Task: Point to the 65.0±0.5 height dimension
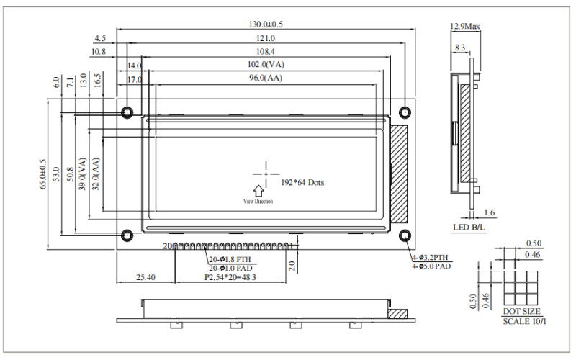coord(43,174)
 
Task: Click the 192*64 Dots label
coord(302,183)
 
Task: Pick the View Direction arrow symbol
coord(258,189)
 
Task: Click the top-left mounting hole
coord(127,112)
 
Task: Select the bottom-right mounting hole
coord(405,236)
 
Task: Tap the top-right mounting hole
coord(405,112)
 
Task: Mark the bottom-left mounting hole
coord(127,236)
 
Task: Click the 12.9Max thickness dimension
coord(464,27)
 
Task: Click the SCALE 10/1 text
coord(524,320)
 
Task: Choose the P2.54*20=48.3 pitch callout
coord(231,276)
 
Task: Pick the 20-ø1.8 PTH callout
coord(230,259)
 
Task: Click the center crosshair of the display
coord(266,174)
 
